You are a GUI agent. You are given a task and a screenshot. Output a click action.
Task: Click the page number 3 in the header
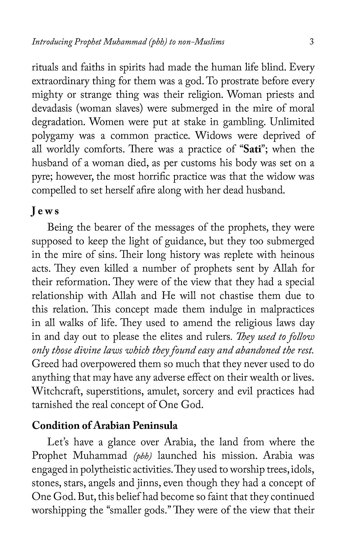tap(311, 41)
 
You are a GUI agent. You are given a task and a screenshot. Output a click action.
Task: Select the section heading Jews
tap(45, 211)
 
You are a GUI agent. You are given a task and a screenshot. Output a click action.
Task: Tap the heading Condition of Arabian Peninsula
tap(105, 425)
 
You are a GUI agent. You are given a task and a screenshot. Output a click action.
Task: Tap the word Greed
tap(45, 364)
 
